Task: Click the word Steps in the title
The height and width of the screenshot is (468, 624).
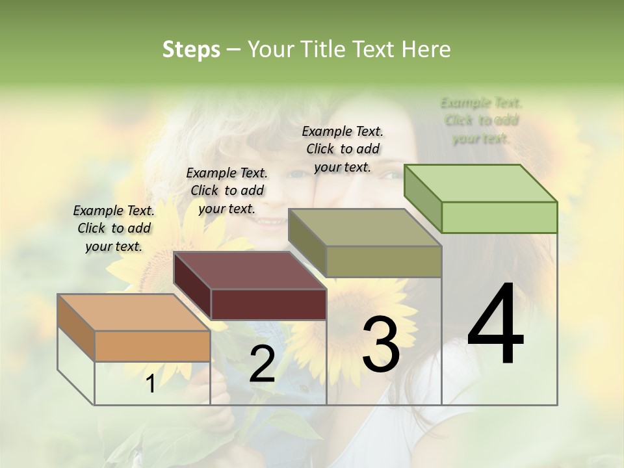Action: coord(191,49)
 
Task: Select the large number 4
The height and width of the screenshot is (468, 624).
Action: coord(495,325)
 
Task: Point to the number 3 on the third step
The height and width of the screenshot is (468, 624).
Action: coord(381,344)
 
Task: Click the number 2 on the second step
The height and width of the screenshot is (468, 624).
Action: coord(262,363)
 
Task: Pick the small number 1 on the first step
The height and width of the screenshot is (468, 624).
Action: coord(150,384)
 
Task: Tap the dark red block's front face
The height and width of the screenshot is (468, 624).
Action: coord(268,304)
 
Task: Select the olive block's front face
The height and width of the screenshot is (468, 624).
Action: coord(383,261)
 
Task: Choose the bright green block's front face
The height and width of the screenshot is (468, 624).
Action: coord(499,217)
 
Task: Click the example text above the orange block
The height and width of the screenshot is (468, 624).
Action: coord(114,228)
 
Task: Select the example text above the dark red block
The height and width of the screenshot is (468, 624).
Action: coord(227,190)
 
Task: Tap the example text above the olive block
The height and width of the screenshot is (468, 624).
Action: coord(343,149)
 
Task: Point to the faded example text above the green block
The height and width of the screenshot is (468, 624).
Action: coord(481,120)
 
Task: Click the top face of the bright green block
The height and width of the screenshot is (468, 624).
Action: coord(481,183)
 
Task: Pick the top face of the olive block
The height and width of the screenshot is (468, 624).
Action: coord(365,227)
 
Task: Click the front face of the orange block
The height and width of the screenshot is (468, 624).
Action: coord(152,346)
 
